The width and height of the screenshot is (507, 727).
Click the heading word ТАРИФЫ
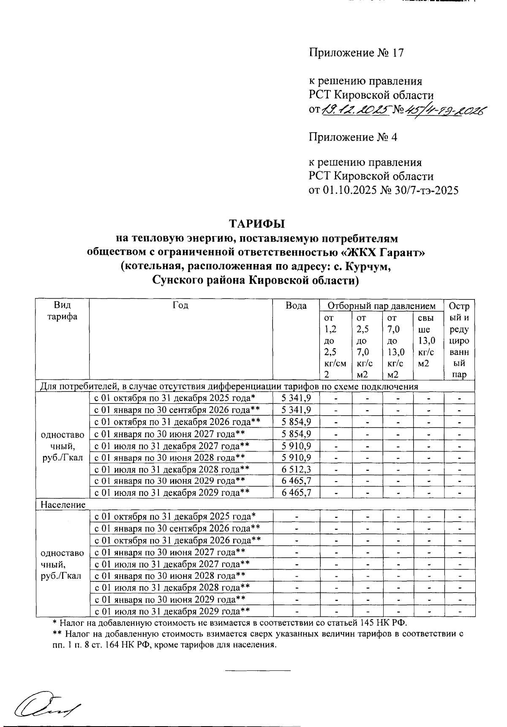pyautogui.click(x=257, y=223)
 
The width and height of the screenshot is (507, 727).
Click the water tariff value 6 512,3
pyautogui.click(x=296, y=469)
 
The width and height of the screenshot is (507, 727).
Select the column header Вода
pyautogui.click(x=296, y=306)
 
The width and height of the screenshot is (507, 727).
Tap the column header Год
pyautogui.click(x=180, y=305)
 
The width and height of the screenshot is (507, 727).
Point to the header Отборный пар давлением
pyautogui.click(x=382, y=306)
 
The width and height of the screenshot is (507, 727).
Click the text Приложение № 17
pyautogui.click(x=356, y=53)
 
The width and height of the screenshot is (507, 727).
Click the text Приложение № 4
pyautogui.click(x=353, y=137)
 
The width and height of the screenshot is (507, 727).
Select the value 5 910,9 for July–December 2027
pyautogui.click(x=296, y=445)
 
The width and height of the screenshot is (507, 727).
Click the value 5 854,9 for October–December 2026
pyautogui.click(x=296, y=422)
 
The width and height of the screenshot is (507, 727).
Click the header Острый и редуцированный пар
pyautogui.click(x=459, y=340)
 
